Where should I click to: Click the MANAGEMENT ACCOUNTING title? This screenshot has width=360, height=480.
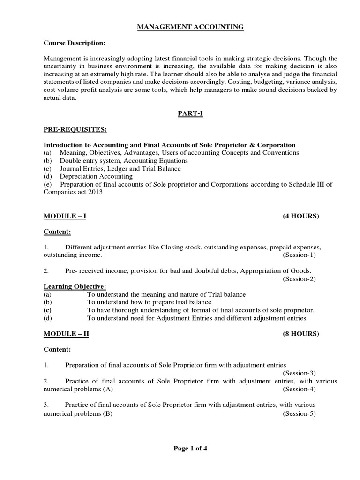(190, 27)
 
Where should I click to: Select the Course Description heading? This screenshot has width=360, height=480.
(75, 43)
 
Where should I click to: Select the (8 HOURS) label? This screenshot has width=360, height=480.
(300, 334)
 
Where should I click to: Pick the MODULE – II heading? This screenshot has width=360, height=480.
(67, 334)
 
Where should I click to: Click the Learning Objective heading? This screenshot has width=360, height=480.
(75, 286)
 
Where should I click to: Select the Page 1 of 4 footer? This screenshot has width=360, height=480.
(190, 448)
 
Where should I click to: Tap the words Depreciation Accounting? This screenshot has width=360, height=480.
(96, 176)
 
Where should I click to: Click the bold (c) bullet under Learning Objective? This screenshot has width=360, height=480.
(47, 310)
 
